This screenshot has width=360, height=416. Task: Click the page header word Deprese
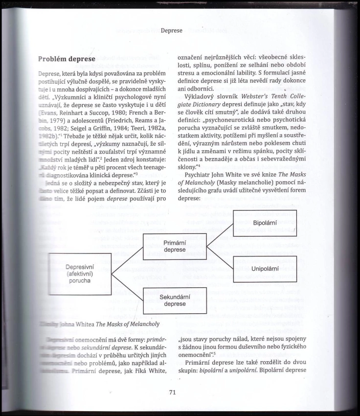coord(171,30)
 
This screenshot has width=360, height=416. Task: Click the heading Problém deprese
coord(67,59)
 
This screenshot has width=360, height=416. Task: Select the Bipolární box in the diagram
coord(265,223)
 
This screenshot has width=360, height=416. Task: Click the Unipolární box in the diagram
coord(265,269)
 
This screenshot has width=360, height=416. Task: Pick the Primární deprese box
coord(175,246)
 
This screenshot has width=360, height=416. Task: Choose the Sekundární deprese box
coord(175,300)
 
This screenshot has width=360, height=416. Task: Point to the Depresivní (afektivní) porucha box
coord(80,274)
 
